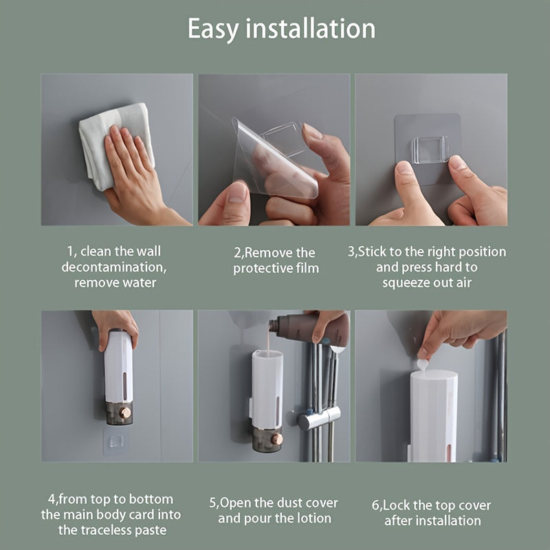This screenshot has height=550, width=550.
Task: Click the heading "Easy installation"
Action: tap(281, 29)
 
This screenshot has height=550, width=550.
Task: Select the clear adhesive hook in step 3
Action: tap(430, 148)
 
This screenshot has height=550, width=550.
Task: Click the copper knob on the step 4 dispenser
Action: tap(125, 412)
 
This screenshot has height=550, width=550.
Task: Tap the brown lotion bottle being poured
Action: tap(309, 328)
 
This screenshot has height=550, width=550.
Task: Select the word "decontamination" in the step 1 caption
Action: tap(113, 267)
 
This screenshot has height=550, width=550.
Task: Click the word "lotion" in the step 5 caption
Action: tap(313, 518)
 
